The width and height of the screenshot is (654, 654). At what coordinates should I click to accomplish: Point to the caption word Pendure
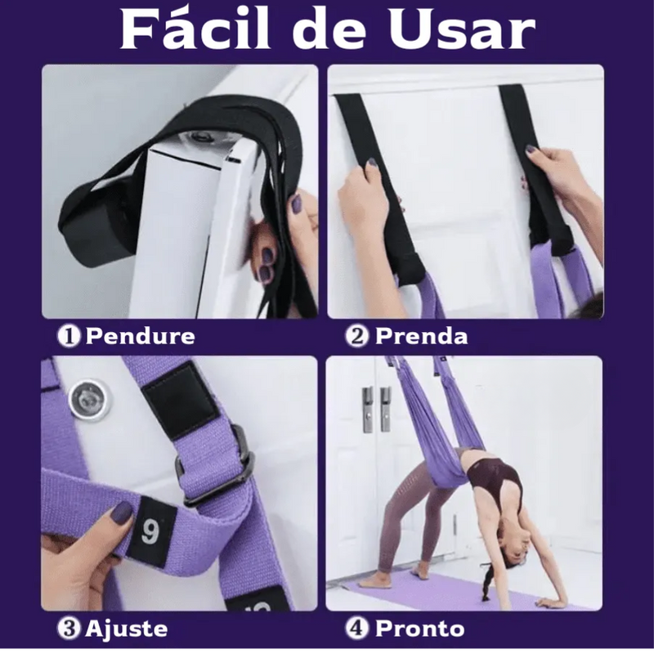click(x=140, y=336)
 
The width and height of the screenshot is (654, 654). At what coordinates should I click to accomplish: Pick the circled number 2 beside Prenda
click(x=360, y=336)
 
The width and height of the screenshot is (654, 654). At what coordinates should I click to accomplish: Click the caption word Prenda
click(x=421, y=336)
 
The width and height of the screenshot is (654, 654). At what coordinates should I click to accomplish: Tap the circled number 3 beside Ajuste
click(x=69, y=629)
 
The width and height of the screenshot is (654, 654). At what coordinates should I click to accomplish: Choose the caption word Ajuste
click(x=127, y=629)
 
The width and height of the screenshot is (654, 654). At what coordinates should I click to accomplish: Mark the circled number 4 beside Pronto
click(x=360, y=629)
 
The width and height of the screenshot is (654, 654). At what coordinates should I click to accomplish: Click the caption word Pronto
click(x=419, y=629)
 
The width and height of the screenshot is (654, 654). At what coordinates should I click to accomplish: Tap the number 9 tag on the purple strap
click(x=150, y=531)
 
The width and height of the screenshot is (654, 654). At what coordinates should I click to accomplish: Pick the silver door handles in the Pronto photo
click(x=376, y=409)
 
